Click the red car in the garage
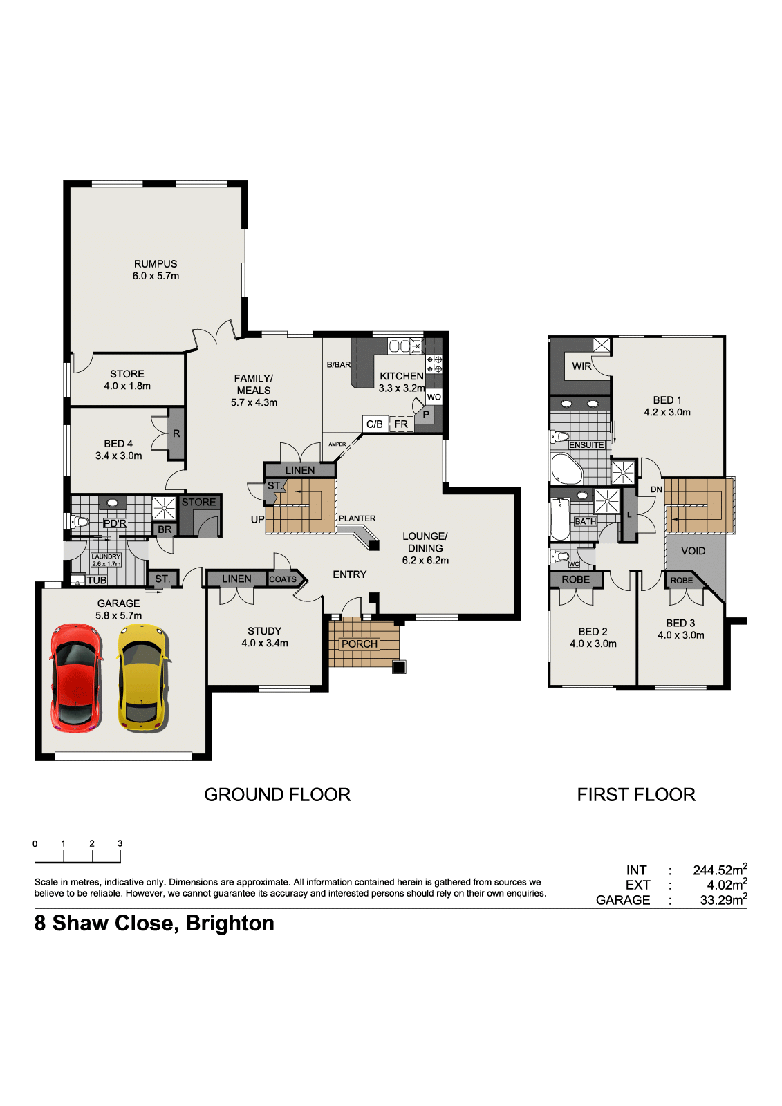tap(77, 678)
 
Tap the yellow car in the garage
tap(143, 678)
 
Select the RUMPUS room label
tap(156, 264)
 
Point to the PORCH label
tap(360, 644)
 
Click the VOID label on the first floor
tap(693, 551)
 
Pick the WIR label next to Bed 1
tap(581, 366)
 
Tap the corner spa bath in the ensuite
tap(566, 469)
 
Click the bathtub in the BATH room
tap(560, 519)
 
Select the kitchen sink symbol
tap(404, 346)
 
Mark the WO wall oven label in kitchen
tap(434, 397)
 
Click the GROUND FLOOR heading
tap(278, 794)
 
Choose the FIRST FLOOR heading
tap(636, 794)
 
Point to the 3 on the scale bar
tap(120, 843)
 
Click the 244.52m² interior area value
tap(720, 870)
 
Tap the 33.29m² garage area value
tap(723, 899)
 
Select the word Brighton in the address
tap(230, 924)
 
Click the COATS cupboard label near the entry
tap(283, 579)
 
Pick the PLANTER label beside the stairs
tap(357, 518)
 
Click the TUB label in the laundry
tap(97, 580)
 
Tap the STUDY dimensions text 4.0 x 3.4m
tap(265, 643)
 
